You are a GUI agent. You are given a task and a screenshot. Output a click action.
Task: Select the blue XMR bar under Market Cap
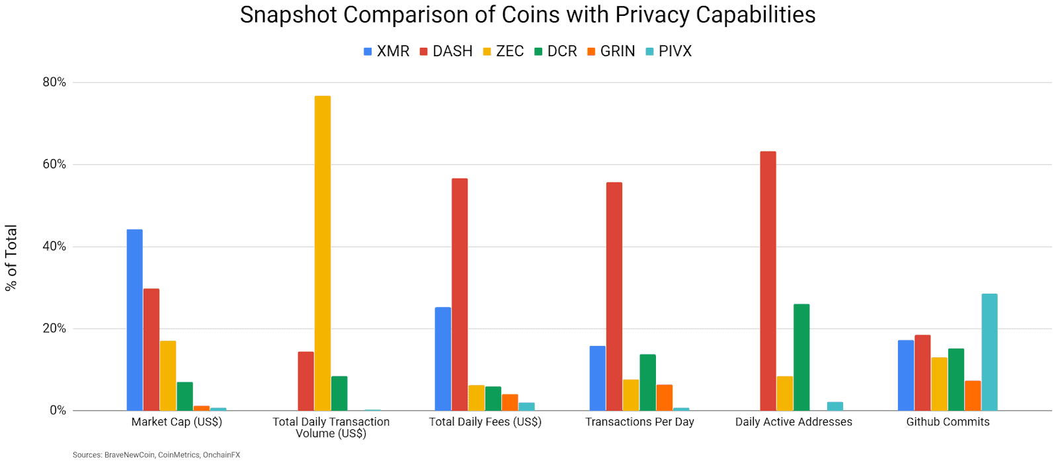click(134, 320)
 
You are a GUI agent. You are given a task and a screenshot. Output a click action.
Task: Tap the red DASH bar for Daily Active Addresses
click(768, 281)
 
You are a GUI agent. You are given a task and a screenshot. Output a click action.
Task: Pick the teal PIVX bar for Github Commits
click(989, 352)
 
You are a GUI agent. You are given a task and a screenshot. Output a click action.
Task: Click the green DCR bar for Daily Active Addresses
click(801, 357)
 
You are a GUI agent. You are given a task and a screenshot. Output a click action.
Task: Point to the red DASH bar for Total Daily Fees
click(460, 294)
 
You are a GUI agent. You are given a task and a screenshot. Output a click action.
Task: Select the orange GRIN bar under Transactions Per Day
click(665, 398)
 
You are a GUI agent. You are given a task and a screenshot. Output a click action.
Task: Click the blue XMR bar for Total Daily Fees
click(443, 359)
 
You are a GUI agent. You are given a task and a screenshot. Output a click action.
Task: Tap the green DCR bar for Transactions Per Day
click(648, 382)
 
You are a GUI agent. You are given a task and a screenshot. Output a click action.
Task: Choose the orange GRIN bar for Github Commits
click(973, 396)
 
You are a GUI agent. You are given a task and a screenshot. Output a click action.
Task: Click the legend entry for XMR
click(386, 52)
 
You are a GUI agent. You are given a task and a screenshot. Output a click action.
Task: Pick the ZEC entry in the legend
click(503, 52)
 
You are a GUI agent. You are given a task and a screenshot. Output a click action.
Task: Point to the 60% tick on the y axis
click(54, 164)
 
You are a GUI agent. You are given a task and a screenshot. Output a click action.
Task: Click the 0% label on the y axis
click(58, 410)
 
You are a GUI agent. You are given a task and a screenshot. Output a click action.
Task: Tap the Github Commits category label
click(948, 422)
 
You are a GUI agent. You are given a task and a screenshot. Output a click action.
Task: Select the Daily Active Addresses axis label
click(793, 422)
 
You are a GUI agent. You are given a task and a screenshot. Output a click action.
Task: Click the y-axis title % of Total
click(11, 257)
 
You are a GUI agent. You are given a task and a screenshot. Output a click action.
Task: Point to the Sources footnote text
click(156, 455)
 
